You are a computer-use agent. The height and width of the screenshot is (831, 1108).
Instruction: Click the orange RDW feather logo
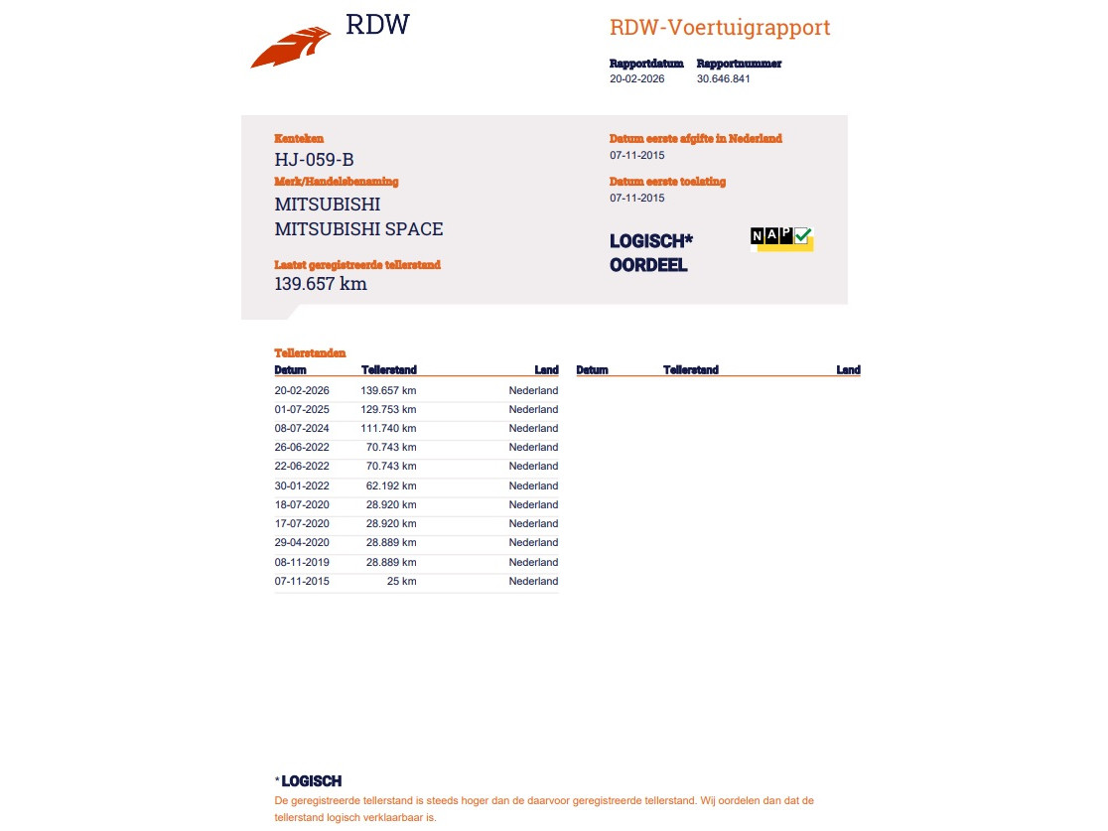coord(290,48)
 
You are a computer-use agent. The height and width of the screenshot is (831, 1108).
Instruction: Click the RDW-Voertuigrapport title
coord(720,28)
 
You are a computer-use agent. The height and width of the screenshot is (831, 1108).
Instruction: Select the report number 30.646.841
coord(723,78)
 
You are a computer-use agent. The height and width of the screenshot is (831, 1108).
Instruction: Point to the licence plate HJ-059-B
coord(314,159)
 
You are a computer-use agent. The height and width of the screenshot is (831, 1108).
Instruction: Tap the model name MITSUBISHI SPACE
coord(358,229)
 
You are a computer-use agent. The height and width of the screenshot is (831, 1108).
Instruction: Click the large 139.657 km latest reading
coord(321,284)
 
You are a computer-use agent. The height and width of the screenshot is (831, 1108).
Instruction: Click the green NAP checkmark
coord(803,235)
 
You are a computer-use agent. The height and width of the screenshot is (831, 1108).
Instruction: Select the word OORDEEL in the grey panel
coord(648,265)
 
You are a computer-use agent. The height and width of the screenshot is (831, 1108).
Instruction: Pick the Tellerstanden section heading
coord(310,352)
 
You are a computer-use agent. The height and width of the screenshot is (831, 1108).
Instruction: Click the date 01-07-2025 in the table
coord(302,409)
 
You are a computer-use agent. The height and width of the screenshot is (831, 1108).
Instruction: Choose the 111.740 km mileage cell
coord(389,428)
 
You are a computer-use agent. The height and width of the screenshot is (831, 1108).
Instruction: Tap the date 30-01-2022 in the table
coord(302,485)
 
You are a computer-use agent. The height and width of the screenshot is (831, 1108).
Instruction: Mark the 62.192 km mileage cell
coord(391,485)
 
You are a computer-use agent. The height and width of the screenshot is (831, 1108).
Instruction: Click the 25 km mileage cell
coord(401,581)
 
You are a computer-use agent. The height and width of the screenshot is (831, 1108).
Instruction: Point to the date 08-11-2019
coord(302,562)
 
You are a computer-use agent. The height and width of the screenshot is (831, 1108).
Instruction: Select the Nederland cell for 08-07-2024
coord(533,428)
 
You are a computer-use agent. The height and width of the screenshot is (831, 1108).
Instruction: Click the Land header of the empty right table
coord(848,370)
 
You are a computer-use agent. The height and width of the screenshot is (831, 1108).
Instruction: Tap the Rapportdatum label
coord(646,64)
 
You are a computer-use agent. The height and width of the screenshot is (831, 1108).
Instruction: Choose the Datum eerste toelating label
coord(667,182)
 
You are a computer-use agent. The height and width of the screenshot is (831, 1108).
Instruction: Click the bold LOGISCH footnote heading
coord(311,781)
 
